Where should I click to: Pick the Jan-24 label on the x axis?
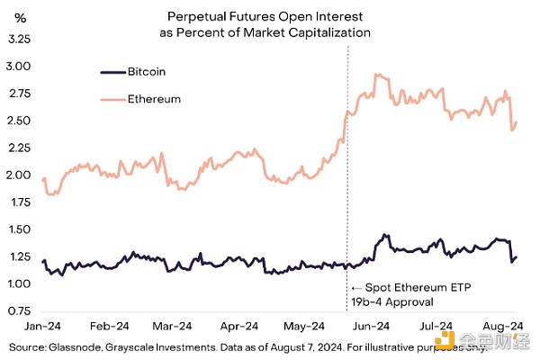[43, 326]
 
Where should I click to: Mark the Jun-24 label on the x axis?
[371, 326]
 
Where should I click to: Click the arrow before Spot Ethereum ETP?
[356, 286]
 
